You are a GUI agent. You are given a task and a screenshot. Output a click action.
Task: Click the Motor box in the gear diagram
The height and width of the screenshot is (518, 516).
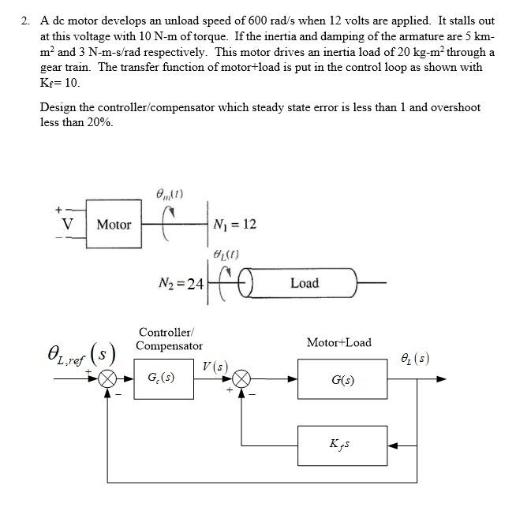(x=114, y=225)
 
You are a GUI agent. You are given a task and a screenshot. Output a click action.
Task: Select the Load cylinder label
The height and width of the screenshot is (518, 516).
(x=304, y=282)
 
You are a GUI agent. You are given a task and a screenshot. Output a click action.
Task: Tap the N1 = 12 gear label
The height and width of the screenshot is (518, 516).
(x=235, y=225)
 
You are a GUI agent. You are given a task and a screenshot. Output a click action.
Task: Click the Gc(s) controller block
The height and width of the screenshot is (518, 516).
(x=163, y=378)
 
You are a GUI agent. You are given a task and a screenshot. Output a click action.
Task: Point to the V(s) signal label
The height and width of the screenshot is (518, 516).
(x=215, y=366)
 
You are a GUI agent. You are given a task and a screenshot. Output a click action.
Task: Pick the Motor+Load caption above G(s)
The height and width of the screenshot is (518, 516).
(x=338, y=343)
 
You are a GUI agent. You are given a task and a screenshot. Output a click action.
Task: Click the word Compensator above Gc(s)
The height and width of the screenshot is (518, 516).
(x=169, y=345)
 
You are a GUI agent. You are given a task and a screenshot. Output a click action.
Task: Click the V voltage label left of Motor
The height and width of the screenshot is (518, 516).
(x=69, y=224)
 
